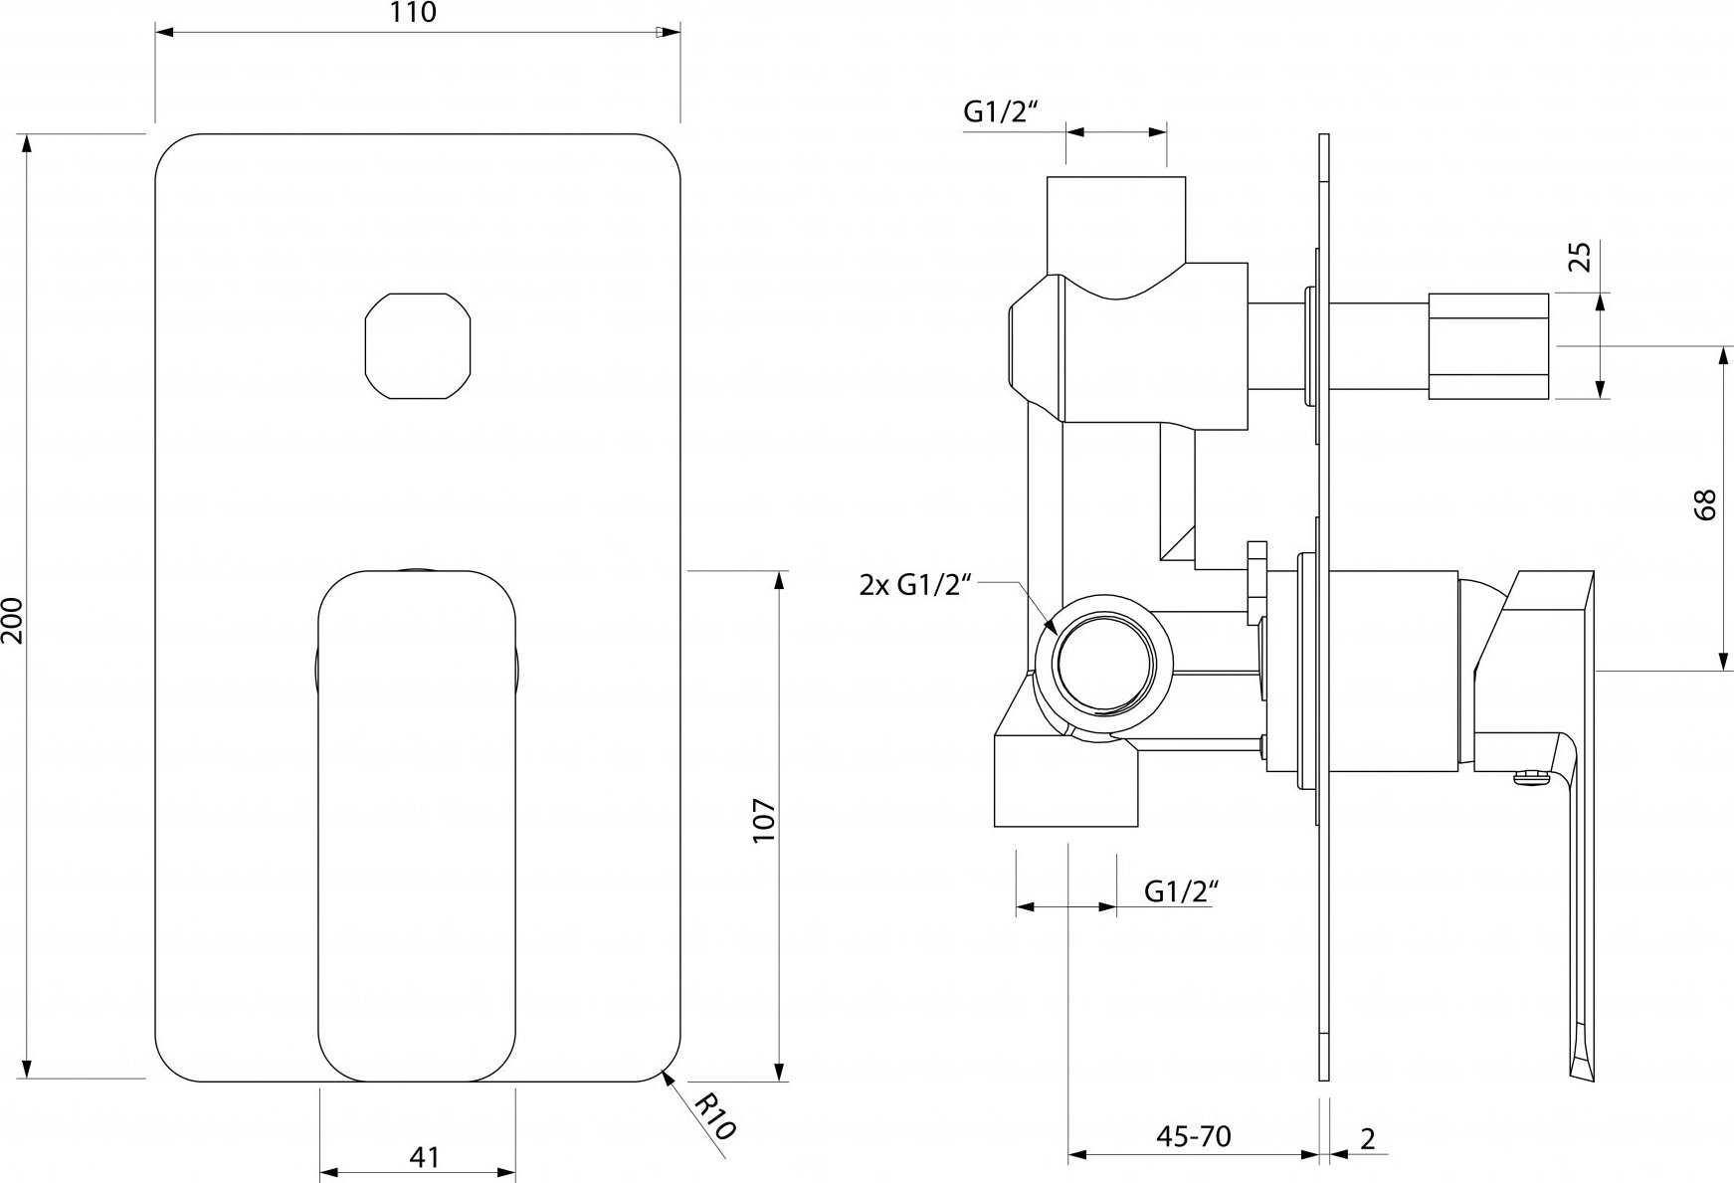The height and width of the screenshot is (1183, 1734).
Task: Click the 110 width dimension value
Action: (x=416, y=13)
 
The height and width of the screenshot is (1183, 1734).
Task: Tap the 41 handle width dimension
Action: (x=424, y=1157)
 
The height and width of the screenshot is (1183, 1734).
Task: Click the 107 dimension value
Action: (x=763, y=821)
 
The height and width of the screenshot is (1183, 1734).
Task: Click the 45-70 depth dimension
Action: (x=1194, y=1136)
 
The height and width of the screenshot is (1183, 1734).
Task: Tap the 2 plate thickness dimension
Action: (x=1368, y=1138)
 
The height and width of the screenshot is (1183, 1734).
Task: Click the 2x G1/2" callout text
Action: (x=914, y=585)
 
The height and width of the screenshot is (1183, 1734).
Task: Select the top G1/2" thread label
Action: (x=1001, y=113)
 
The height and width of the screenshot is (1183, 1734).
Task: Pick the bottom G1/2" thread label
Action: (x=1181, y=890)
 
